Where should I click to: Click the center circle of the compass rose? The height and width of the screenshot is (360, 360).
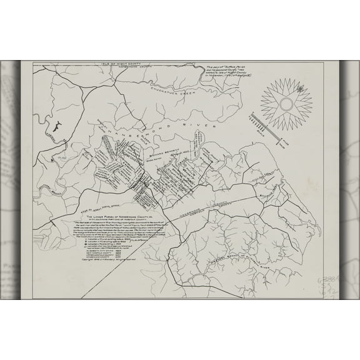pos(287,99)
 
